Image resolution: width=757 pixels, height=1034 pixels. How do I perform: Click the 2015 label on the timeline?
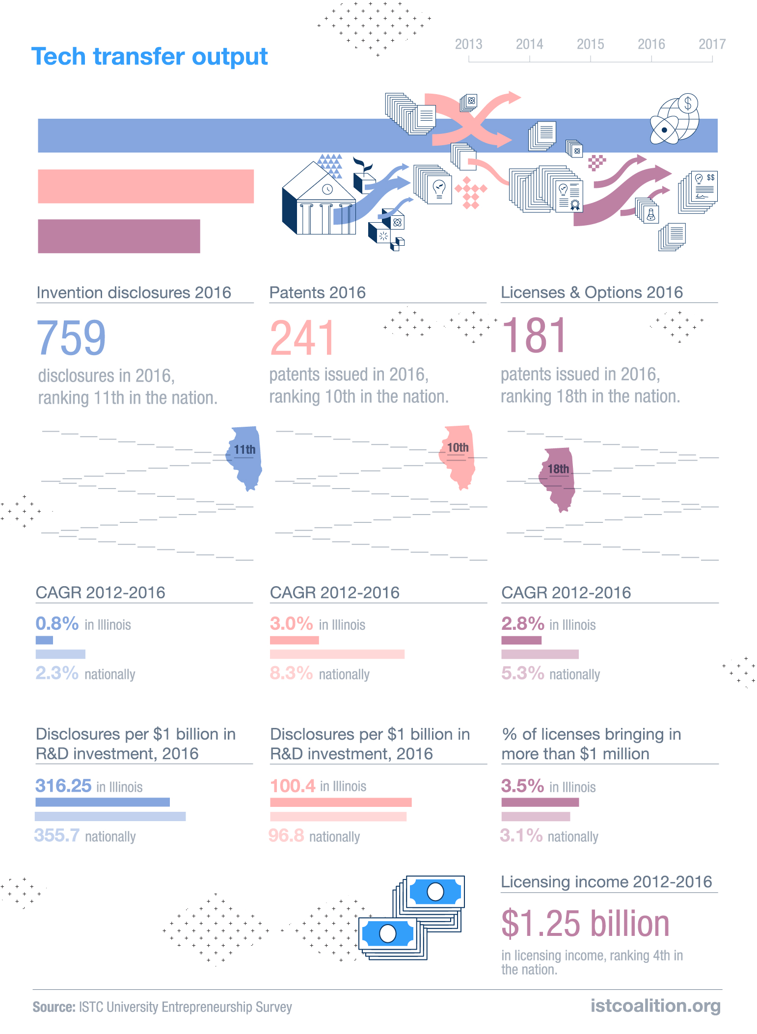[590, 44]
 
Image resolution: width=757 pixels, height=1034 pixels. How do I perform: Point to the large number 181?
[534, 336]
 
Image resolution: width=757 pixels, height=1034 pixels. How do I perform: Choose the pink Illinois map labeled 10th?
[458, 457]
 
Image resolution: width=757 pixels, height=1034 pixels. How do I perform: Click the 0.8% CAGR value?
[57, 623]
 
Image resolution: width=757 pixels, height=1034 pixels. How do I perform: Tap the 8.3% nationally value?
[291, 673]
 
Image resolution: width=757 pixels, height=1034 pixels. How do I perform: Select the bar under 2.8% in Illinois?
[521, 640]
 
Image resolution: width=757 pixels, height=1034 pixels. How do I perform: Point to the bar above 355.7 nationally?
[110, 816]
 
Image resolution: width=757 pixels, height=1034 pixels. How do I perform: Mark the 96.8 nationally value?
[287, 835]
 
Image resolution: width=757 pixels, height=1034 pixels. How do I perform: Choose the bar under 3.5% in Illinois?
[540, 802]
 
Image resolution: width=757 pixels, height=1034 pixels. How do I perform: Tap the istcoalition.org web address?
[655, 1006]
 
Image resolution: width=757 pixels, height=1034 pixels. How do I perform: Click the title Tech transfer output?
[149, 56]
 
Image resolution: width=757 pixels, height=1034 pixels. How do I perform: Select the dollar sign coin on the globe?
[688, 103]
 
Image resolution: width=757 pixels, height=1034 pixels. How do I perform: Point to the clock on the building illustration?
[327, 189]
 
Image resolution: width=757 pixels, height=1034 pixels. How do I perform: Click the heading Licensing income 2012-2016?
[606, 882]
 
